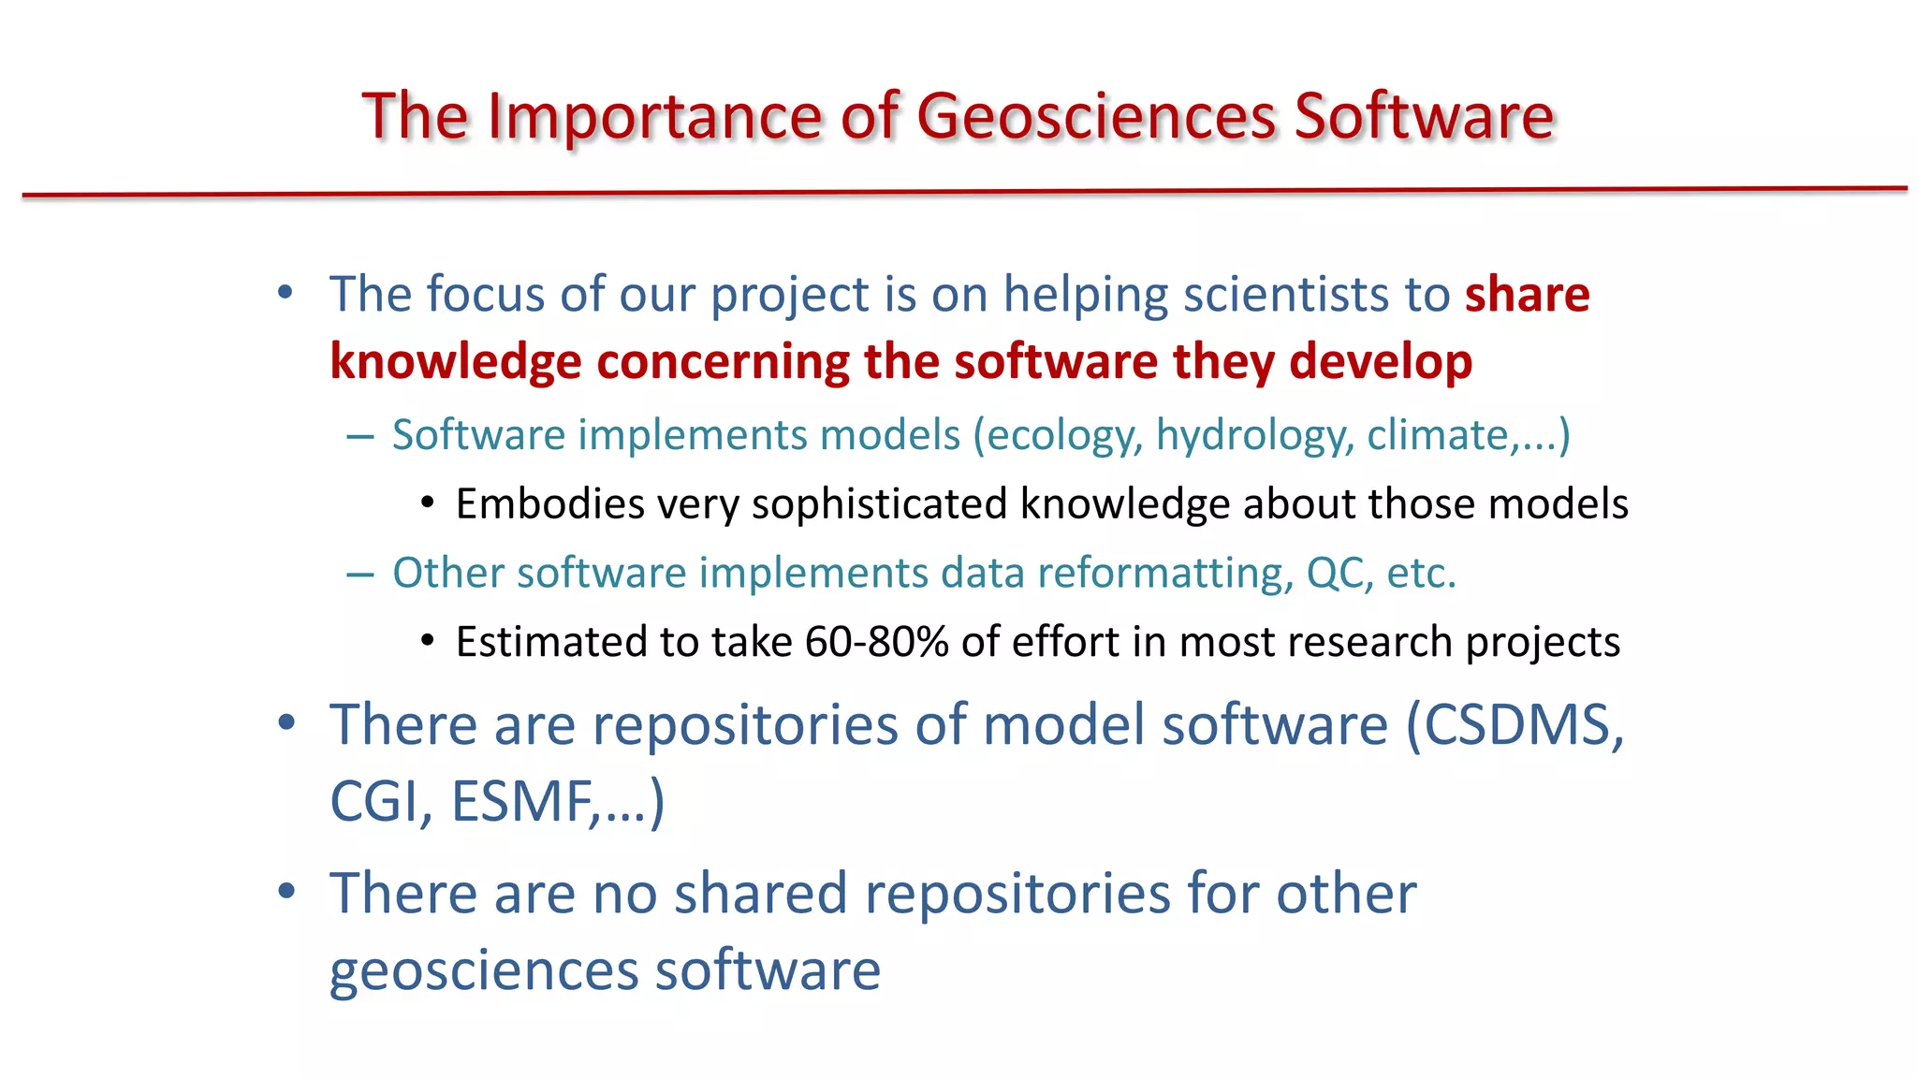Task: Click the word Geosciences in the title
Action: point(1095,117)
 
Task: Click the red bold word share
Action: point(1527,294)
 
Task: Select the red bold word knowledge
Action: point(455,362)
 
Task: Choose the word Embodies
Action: point(550,504)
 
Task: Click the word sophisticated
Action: point(879,504)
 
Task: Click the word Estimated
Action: point(551,642)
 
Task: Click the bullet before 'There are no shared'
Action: point(286,891)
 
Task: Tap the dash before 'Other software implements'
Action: point(359,574)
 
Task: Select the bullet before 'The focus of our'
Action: point(286,293)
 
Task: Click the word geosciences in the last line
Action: point(484,970)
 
